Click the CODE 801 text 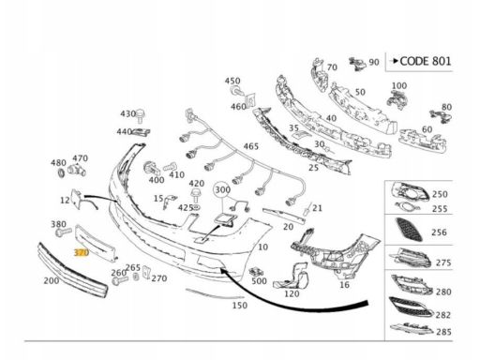[426, 61]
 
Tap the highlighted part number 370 [82, 252]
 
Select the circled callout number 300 [222, 189]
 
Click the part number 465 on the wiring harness [251, 146]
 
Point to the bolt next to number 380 [64, 232]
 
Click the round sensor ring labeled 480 [62, 172]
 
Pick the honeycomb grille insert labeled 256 [409, 229]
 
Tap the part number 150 [240, 305]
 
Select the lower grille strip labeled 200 [73, 270]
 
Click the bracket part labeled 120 [292, 277]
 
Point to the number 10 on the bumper [262, 247]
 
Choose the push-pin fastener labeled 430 [141, 115]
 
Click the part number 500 [259, 281]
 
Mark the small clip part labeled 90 [357, 64]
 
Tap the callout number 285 [443, 332]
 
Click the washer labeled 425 [196, 207]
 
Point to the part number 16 [344, 285]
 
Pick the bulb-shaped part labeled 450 [235, 91]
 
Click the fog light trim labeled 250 [409, 191]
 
